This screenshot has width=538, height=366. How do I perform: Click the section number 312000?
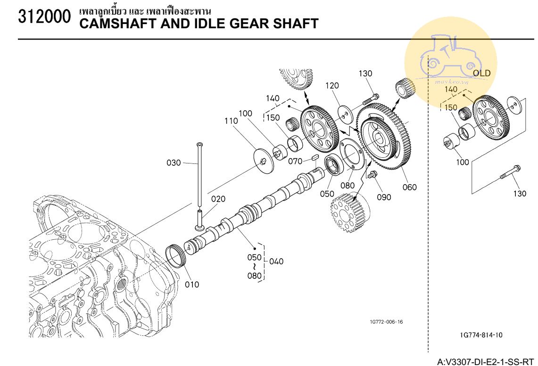[x=44, y=16]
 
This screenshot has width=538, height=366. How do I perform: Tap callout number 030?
[x=174, y=163]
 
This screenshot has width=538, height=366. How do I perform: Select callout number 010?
[x=192, y=285]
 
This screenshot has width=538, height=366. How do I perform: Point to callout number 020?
[x=218, y=199]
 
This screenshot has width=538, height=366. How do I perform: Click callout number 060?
[x=409, y=187]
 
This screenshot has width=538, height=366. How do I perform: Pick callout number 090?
[x=384, y=197]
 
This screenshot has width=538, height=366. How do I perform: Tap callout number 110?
[x=231, y=121]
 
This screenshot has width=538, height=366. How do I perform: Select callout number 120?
[x=332, y=86]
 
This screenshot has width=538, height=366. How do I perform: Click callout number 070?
[x=295, y=161]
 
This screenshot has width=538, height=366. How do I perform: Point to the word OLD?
[x=482, y=73]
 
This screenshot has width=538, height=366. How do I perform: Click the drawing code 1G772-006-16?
[x=386, y=322]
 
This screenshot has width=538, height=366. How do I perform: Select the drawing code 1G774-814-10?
[x=481, y=335]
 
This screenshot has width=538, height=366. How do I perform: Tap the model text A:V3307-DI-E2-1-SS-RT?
[x=486, y=362]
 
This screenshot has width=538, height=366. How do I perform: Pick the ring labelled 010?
[x=176, y=256]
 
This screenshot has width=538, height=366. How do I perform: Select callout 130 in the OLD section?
[x=520, y=194]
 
